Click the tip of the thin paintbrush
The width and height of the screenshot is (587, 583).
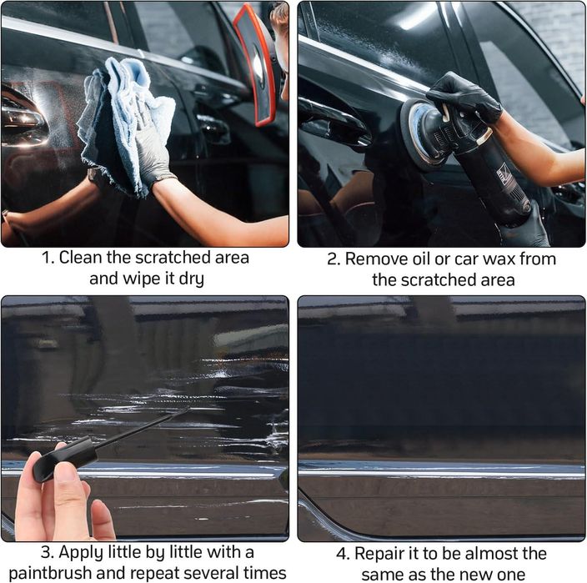click(x=188, y=409)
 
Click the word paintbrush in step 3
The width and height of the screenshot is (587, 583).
click(x=50, y=574)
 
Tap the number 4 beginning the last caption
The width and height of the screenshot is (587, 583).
click(x=341, y=554)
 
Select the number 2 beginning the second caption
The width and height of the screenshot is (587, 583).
click(x=332, y=259)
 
